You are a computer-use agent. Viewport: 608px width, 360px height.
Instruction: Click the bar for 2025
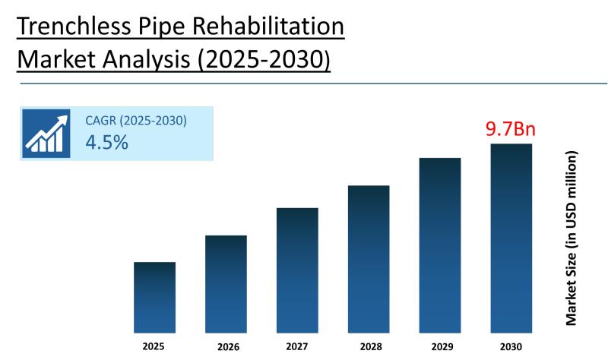[x=154, y=297]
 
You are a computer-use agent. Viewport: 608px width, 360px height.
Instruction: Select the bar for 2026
[x=226, y=283]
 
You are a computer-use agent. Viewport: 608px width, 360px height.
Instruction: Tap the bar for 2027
[x=297, y=270]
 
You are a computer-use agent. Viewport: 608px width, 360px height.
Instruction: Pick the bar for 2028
[x=369, y=259]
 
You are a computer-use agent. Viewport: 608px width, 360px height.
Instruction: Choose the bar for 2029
[x=440, y=245]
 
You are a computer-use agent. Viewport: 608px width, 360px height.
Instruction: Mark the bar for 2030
[x=511, y=238]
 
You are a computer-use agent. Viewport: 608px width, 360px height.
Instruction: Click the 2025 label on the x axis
[x=154, y=346]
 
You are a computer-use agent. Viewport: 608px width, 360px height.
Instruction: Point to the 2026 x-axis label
[x=226, y=347]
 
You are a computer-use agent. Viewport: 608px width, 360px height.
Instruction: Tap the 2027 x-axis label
[x=297, y=347]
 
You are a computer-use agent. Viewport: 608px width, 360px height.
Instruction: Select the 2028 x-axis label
[x=369, y=347]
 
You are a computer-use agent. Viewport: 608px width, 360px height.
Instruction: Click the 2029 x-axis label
[x=440, y=347]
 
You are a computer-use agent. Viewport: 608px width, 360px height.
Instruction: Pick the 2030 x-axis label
[x=511, y=347]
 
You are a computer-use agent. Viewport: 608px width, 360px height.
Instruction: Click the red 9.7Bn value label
[x=511, y=128]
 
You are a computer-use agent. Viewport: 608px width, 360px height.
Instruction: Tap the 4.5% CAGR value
[x=106, y=142]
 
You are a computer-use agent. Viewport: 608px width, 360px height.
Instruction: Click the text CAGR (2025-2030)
[x=136, y=120]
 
